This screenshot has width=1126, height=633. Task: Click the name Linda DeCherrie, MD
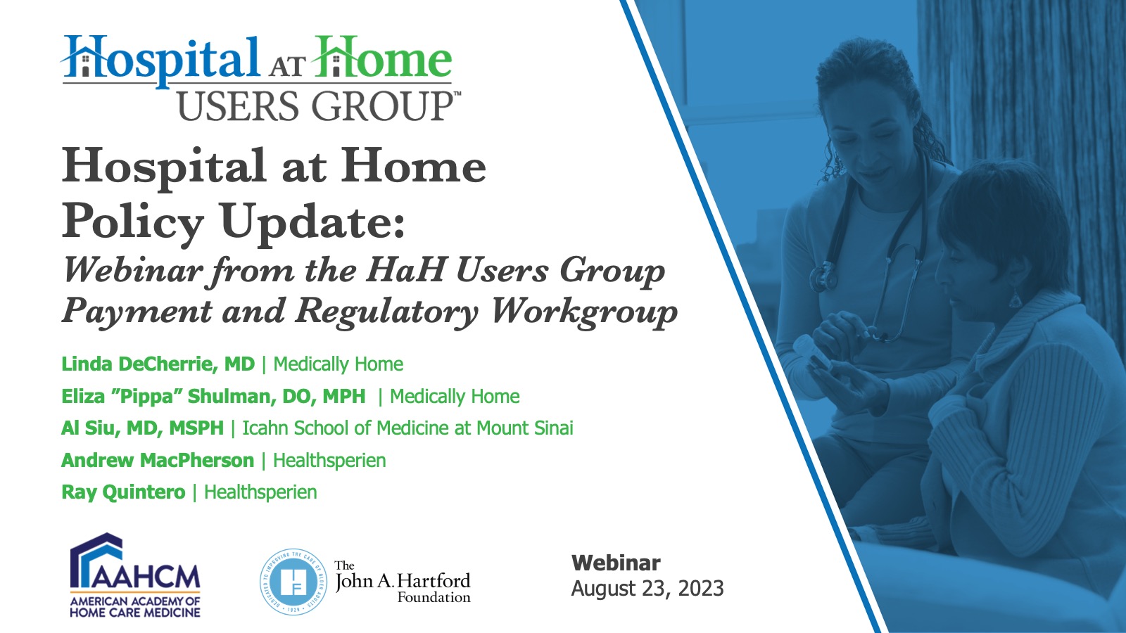(x=158, y=364)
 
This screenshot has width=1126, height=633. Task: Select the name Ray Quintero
(x=123, y=492)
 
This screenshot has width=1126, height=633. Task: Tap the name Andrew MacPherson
(x=158, y=460)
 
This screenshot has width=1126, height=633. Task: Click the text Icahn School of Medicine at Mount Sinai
(x=407, y=428)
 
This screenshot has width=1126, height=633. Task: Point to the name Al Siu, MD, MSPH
(x=142, y=428)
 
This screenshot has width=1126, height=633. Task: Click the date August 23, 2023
(x=647, y=588)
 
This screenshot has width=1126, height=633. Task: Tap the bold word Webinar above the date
(x=616, y=563)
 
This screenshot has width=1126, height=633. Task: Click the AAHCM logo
(x=134, y=575)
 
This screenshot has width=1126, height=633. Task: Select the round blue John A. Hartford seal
(x=293, y=582)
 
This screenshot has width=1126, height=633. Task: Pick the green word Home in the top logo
(x=382, y=58)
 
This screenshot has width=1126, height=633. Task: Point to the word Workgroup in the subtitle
(x=584, y=312)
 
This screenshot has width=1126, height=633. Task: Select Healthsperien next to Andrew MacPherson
(x=329, y=460)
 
